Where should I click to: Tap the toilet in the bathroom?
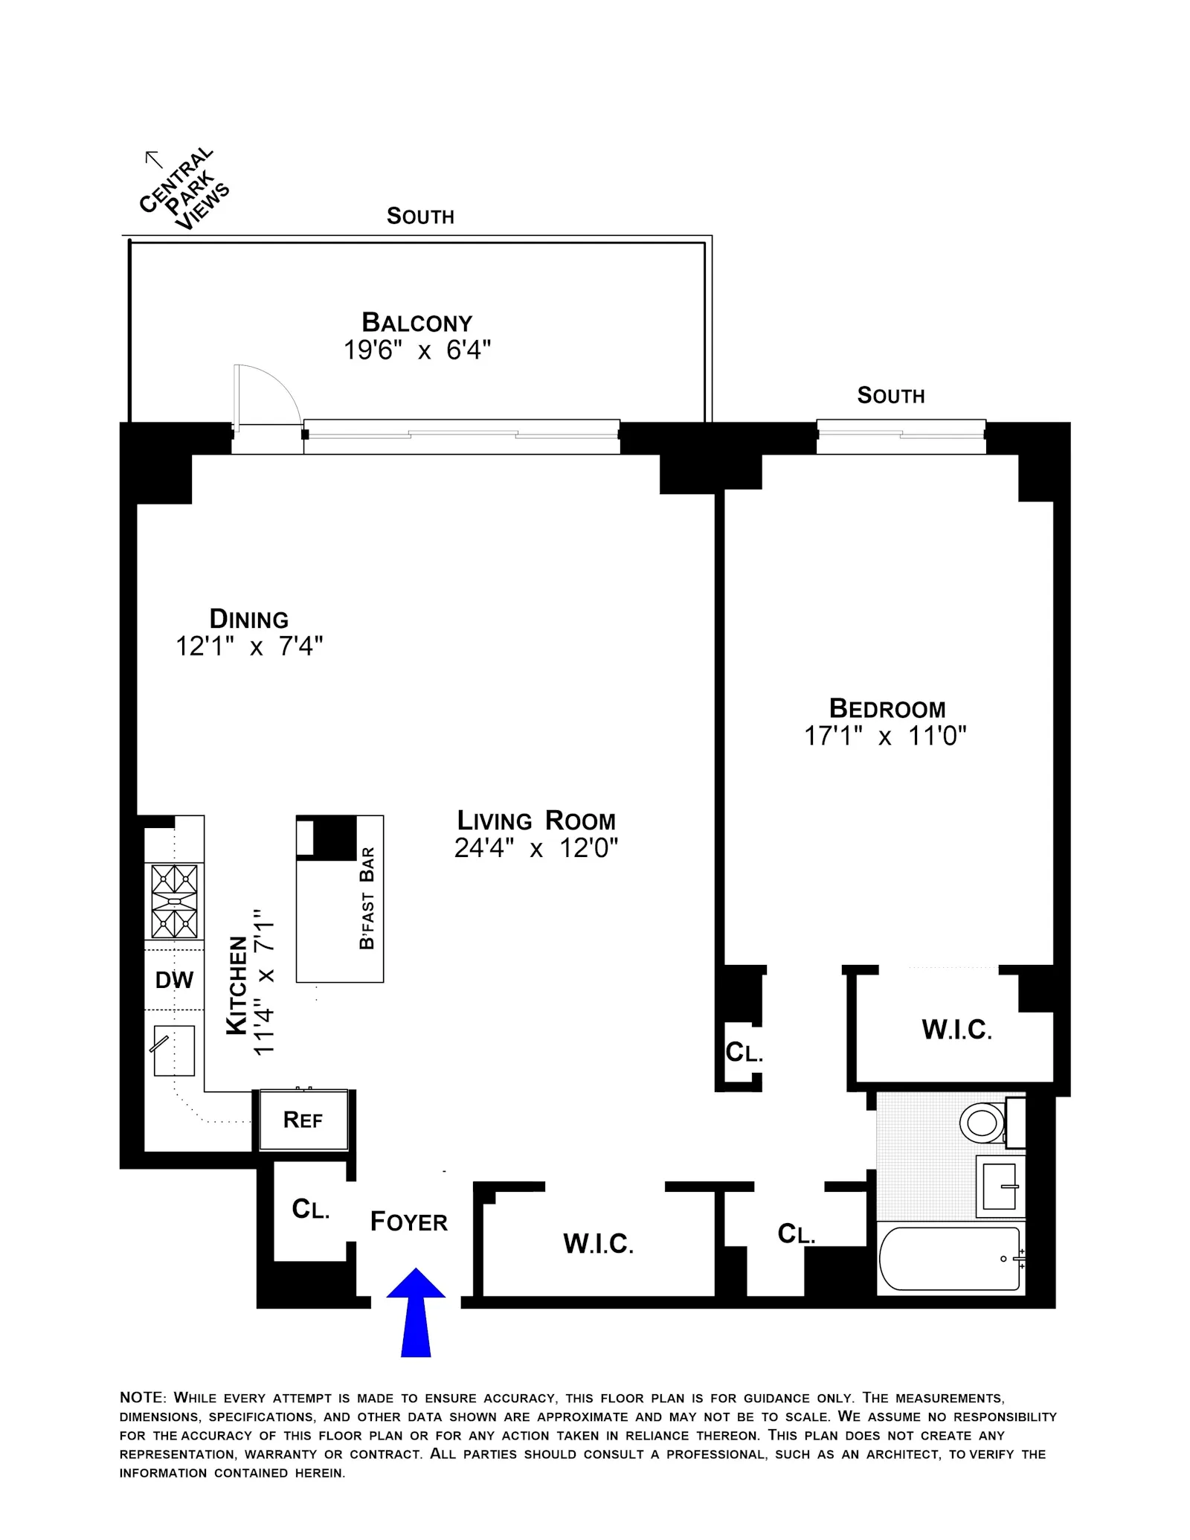coord(982,1123)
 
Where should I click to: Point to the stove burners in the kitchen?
coord(175,901)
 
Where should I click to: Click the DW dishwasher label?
coord(174,980)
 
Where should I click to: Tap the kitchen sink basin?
coord(175,1050)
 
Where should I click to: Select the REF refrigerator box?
coord(303,1120)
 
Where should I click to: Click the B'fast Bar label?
coord(367,898)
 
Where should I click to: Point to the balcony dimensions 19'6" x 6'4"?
coord(416,350)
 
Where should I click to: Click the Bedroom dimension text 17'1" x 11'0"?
coord(885,736)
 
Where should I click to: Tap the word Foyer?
coord(409,1222)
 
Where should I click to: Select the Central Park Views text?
coord(184,190)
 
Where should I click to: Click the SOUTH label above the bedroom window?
coord(891,395)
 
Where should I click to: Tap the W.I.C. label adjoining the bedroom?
coord(956,1030)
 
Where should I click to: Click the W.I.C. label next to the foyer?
coord(598,1243)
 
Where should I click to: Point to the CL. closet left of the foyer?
coord(311,1209)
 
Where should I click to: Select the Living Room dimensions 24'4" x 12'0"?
coord(535,847)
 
